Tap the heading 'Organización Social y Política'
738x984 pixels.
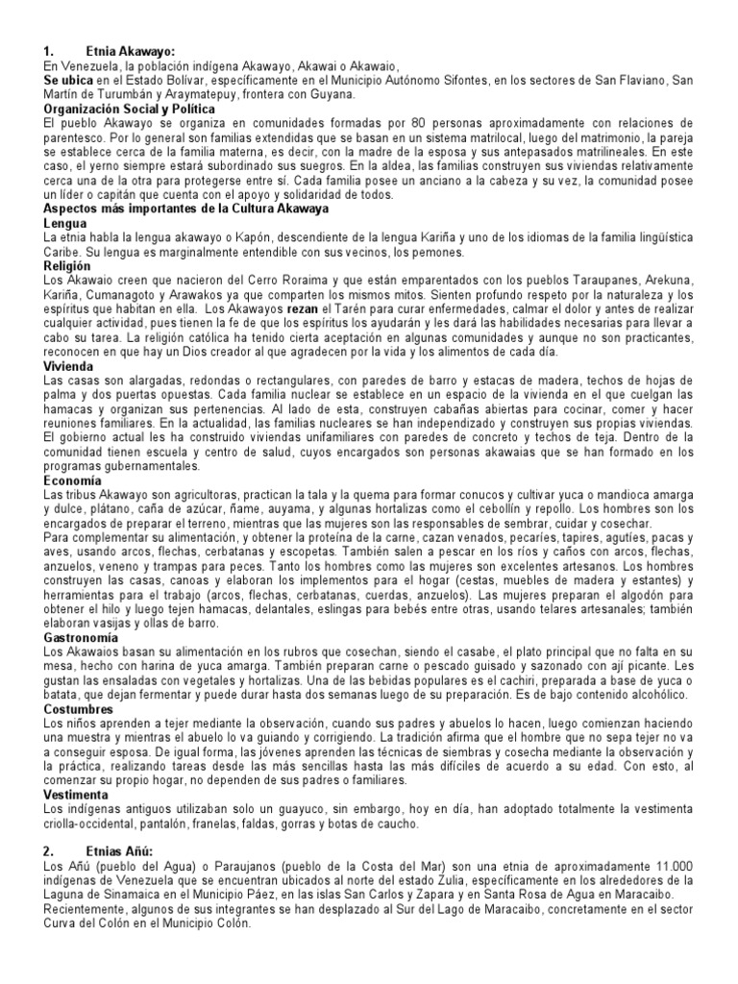point(130,110)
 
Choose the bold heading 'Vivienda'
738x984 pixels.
point(69,366)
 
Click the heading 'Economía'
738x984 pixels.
point(72,480)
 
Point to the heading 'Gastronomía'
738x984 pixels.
point(82,637)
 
